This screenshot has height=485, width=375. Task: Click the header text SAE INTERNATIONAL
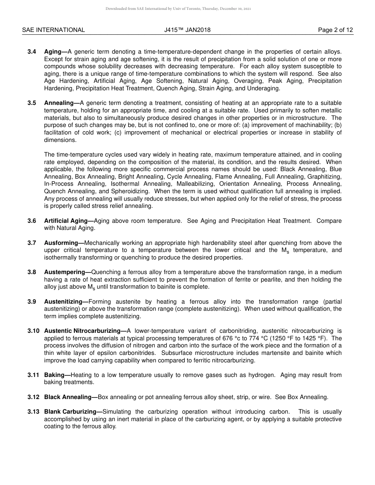pyautogui.click(x=53, y=30)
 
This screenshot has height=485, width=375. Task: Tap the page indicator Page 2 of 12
pyautogui.click(x=336, y=30)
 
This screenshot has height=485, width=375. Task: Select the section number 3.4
pyautogui.click(x=32, y=52)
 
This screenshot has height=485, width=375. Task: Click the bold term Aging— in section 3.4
pyautogui.click(x=56, y=52)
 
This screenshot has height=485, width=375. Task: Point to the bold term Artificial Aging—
pyautogui.click(x=69, y=221)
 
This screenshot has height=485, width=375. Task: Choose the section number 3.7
pyautogui.click(x=32, y=243)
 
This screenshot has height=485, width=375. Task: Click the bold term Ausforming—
pyautogui.click(x=64, y=243)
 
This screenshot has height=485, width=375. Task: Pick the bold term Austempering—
pyautogui.click(x=67, y=272)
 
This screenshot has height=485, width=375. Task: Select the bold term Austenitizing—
pyautogui.click(x=66, y=302)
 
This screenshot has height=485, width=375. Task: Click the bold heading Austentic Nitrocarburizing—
pyautogui.click(x=85, y=331)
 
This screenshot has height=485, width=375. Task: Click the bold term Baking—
pyautogui.click(x=57, y=375)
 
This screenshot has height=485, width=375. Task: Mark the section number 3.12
pyautogui.click(x=34, y=397)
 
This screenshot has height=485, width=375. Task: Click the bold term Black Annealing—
pyautogui.click(x=71, y=397)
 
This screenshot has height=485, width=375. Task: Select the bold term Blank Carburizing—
pyautogui.click(x=73, y=412)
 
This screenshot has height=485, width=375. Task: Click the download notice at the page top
pyautogui.click(x=178, y=9)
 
